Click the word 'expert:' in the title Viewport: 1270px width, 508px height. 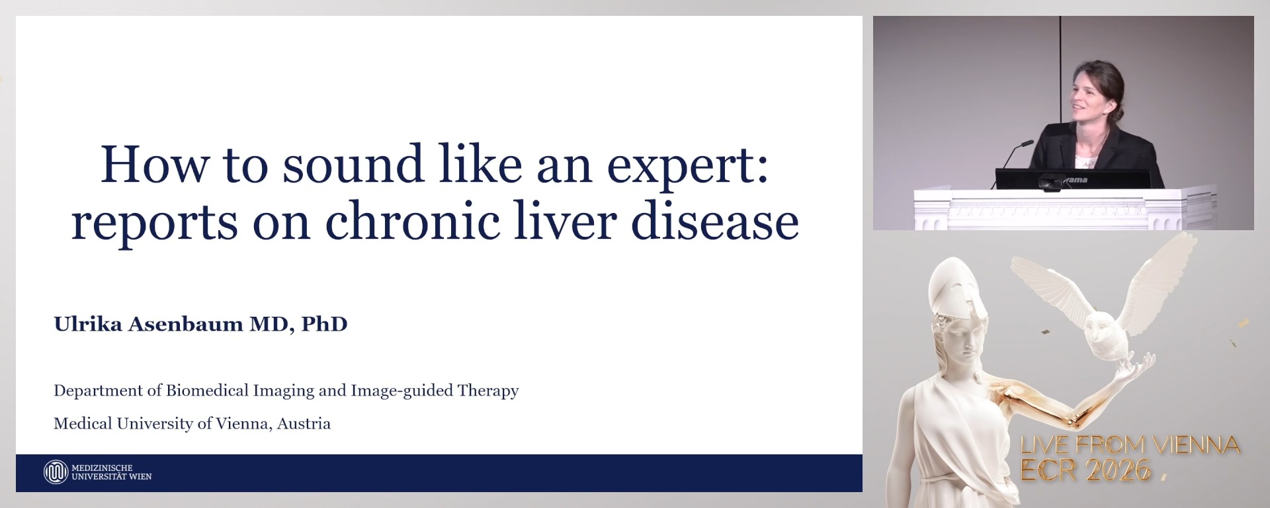click(688, 165)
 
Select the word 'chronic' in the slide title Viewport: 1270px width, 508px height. click(411, 222)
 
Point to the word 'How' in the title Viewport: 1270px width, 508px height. click(153, 165)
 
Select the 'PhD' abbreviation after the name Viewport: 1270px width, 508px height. click(324, 324)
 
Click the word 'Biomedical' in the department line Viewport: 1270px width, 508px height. click(207, 390)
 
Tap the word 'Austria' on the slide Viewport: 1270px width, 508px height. click(304, 423)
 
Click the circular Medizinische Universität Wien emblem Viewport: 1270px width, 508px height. click(56, 472)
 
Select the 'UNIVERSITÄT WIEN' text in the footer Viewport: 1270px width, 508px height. click(112, 477)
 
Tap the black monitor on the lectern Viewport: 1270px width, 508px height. click(1072, 179)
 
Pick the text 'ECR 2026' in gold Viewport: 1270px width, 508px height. click(1085, 470)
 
